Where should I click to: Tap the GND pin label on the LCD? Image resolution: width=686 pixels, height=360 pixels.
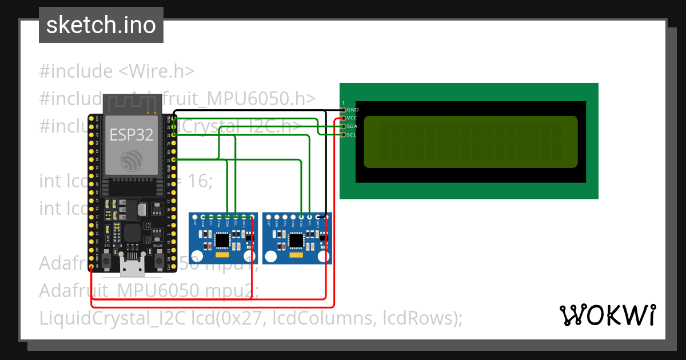click(x=352, y=109)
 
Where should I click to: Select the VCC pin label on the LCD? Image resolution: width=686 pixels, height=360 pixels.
click(x=352, y=118)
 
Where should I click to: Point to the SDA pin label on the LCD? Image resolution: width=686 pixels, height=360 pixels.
click(x=352, y=126)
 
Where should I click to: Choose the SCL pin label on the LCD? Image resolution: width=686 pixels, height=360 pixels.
click(x=352, y=135)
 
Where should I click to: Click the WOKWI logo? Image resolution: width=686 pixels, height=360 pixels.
click(x=608, y=315)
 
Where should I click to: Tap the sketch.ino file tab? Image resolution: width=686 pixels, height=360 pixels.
click(x=101, y=25)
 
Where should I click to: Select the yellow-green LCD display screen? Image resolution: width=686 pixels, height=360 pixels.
click(x=470, y=142)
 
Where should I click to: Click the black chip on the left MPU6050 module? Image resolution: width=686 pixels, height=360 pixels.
click(x=221, y=242)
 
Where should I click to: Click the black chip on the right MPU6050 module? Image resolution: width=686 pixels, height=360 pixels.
click(x=296, y=242)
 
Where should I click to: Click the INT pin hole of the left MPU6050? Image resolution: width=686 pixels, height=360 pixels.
click(x=196, y=217)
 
